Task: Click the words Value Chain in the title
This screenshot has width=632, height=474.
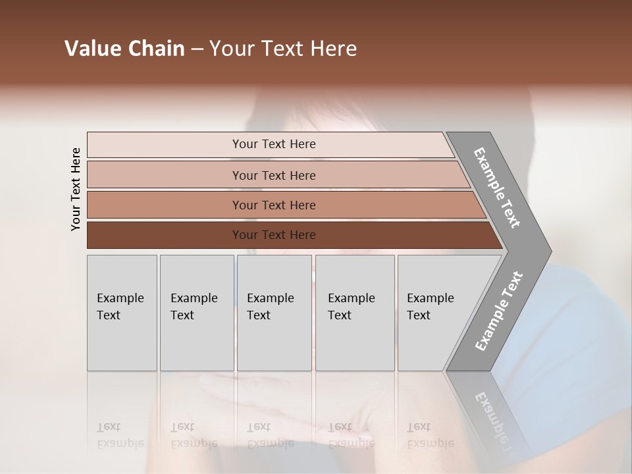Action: click(x=124, y=49)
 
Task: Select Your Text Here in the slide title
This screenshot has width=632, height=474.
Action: click(x=283, y=49)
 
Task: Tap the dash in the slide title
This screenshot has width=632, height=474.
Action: click(x=197, y=49)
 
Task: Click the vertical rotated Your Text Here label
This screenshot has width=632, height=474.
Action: click(x=76, y=189)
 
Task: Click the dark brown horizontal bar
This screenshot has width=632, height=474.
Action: click(x=165, y=235)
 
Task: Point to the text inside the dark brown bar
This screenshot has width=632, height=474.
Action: click(x=274, y=235)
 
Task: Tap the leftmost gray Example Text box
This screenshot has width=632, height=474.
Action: click(x=122, y=313)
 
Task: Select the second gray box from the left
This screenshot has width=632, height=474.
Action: click(x=196, y=313)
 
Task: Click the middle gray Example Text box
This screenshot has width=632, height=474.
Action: click(x=274, y=313)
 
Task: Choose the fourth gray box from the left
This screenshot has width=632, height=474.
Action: click(x=354, y=313)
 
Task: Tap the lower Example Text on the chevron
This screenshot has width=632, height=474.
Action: click(x=499, y=311)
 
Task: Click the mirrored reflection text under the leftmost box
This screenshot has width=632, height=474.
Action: click(x=120, y=435)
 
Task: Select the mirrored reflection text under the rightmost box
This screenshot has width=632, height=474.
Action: click(x=430, y=435)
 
